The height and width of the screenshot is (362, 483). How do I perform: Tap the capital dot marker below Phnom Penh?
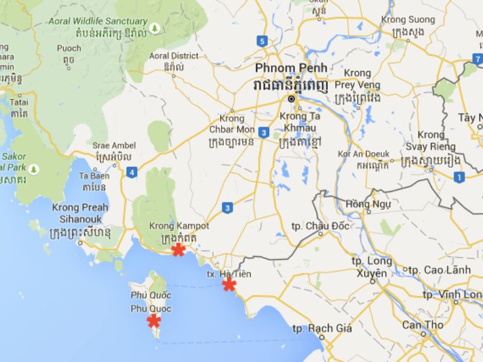pos(291,98)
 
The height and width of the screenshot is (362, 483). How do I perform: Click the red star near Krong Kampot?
pos(178,249)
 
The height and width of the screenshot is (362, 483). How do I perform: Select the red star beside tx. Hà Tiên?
pos(229,284)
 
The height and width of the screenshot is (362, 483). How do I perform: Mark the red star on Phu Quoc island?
pos(154,320)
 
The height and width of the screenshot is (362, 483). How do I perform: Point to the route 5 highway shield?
pos(261,41)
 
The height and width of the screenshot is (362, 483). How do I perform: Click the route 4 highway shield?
pos(132,173)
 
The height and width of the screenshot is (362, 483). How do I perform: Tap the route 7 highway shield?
pos(478,59)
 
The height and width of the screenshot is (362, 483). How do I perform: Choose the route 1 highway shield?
pos(459,177)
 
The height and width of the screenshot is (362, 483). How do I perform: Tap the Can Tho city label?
pos(423,325)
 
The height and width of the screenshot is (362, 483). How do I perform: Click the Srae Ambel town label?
pos(114,145)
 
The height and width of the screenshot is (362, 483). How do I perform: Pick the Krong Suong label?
pos(408,20)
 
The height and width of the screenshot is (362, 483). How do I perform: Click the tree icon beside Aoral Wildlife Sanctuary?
pos(155,28)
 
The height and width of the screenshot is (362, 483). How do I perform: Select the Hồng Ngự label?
pos(368,204)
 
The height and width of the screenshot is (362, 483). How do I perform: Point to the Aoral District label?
pos(174,56)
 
